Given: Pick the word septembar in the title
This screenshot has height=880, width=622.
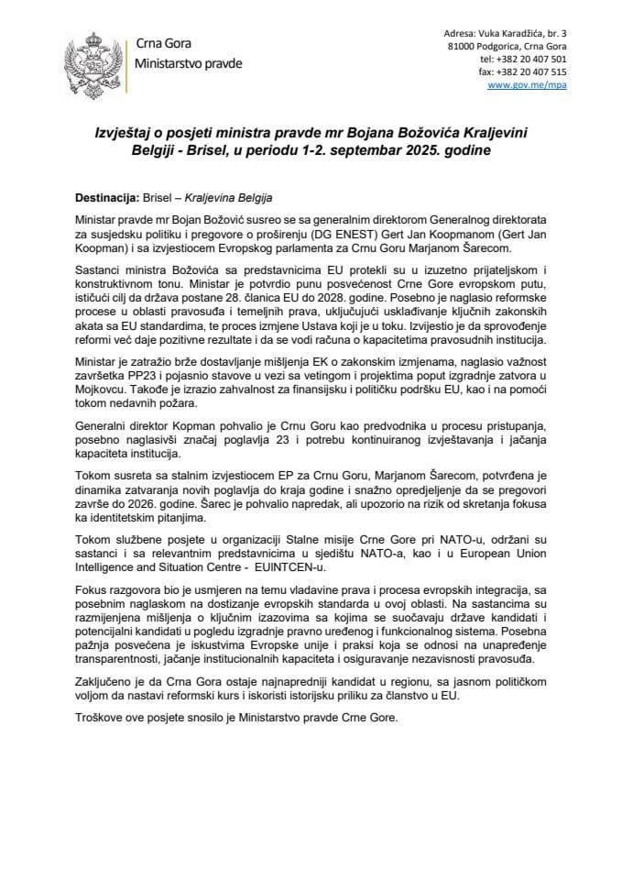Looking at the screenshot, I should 357,151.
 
